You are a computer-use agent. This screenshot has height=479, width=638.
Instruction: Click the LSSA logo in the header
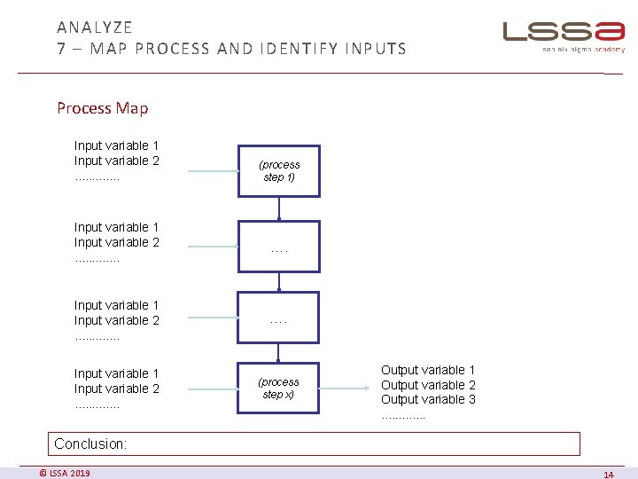tap(564, 33)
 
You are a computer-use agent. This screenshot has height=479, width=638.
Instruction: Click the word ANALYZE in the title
tap(95, 27)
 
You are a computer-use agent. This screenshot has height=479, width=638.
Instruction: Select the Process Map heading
tap(103, 108)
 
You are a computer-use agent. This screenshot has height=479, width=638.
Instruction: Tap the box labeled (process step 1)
tap(278, 170)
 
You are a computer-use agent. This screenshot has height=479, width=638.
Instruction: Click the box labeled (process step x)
tap(278, 388)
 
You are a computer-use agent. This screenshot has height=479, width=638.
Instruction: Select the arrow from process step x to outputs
tap(346, 388)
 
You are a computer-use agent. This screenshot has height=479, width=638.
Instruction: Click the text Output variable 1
tap(428, 370)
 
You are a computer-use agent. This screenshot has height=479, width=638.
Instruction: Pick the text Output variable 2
tap(428, 385)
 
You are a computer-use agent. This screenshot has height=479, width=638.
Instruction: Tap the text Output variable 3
tap(428, 399)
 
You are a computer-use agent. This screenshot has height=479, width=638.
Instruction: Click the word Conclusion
tap(91, 444)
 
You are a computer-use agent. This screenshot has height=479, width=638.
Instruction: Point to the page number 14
tap(608, 475)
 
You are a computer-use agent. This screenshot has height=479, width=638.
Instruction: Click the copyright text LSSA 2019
tap(65, 473)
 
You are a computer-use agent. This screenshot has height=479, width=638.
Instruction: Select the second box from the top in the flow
tap(278, 246)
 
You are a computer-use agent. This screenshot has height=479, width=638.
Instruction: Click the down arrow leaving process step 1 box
tap(279, 208)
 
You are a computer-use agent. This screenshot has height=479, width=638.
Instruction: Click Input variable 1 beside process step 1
tap(117, 145)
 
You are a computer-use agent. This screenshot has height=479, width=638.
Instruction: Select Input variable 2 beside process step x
tap(117, 389)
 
